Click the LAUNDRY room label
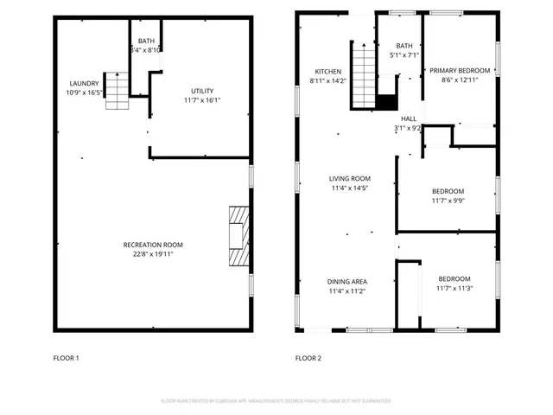coord(85,83)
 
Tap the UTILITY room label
coord(202,91)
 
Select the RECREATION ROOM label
coord(152,245)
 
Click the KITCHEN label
coord(327,72)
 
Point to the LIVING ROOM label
coord(349,178)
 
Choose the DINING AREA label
coord(347,282)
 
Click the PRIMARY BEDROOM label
coord(461,71)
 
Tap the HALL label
coord(408,118)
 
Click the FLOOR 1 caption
coord(66,357)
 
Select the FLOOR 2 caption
coord(308,357)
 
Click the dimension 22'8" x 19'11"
coord(152,254)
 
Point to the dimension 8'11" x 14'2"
coord(327,81)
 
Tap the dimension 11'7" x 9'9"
coord(448,201)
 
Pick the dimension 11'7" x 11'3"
coord(454,288)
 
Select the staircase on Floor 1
coord(117,91)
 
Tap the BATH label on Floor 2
coord(404,46)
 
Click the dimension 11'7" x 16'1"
coord(202,100)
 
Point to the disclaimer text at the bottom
coord(276,401)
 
